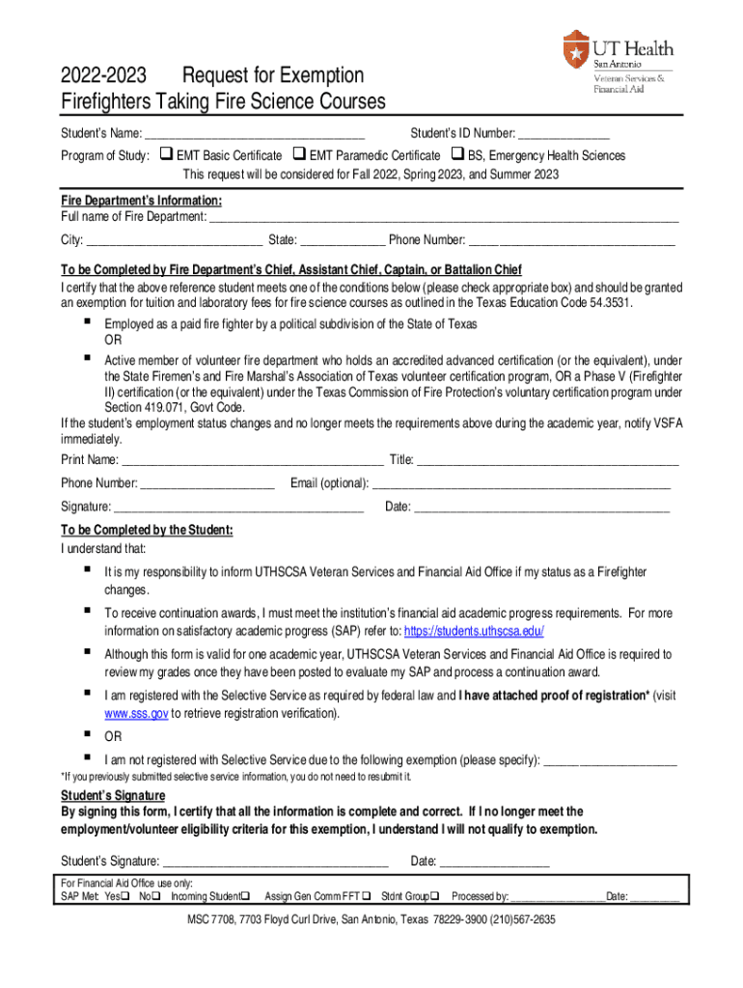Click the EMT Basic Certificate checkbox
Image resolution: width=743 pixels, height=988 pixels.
[x=166, y=154]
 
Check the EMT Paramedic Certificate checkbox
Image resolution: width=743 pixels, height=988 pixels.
[x=299, y=154]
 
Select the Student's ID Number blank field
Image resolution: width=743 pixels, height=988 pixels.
[x=564, y=135]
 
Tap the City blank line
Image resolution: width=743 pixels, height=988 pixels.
[x=175, y=241]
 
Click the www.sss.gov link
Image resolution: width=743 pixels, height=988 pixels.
[x=136, y=714]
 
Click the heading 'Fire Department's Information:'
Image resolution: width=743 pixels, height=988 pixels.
[x=141, y=201]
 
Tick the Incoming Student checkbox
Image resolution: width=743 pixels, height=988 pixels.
[x=245, y=896]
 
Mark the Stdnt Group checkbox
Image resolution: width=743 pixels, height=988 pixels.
[x=434, y=896]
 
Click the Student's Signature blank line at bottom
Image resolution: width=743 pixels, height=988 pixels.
[x=276, y=862]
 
